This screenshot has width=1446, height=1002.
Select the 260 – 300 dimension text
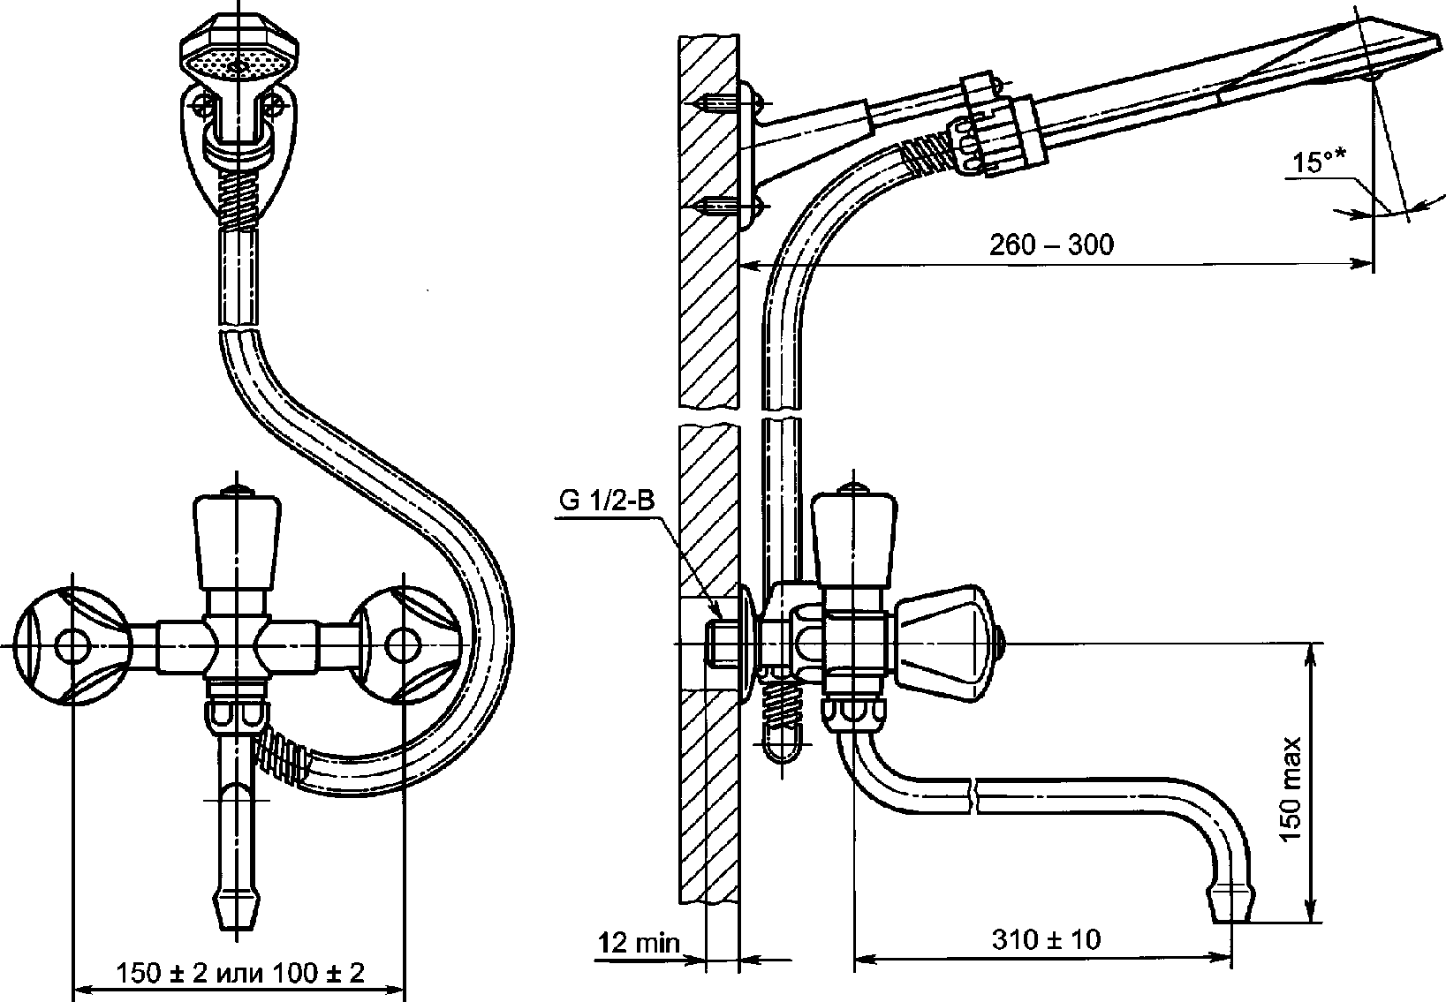pos(1051,245)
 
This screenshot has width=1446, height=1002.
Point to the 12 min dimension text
pos(639,943)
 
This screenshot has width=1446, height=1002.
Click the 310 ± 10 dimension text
pos(1047,939)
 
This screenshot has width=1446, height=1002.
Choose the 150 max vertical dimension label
pos(1291,789)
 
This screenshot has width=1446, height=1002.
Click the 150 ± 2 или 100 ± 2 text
pos(240,973)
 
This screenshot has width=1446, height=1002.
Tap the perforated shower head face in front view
pos(238,64)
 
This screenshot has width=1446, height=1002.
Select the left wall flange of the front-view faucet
pos(72,645)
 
